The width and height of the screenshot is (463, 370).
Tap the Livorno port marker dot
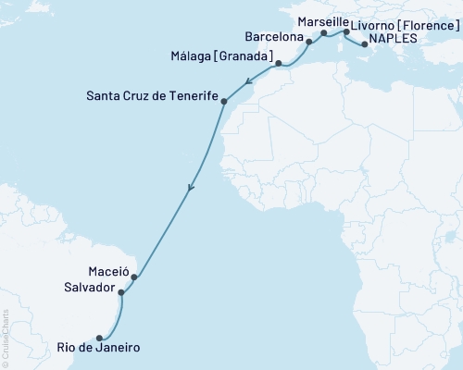click(345, 32)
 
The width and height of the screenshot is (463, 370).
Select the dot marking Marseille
click(323, 33)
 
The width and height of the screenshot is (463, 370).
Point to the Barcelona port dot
click(309, 42)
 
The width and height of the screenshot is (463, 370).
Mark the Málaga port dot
click(278, 64)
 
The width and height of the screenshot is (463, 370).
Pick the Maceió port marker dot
click(134, 277)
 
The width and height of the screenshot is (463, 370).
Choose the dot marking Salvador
click(121, 291)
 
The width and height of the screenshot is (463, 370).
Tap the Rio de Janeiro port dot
click(99, 338)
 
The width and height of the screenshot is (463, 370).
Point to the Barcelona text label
click(273, 38)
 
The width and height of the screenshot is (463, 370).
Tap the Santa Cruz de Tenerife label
click(151, 95)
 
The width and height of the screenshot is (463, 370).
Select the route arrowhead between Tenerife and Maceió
click(191, 187)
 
